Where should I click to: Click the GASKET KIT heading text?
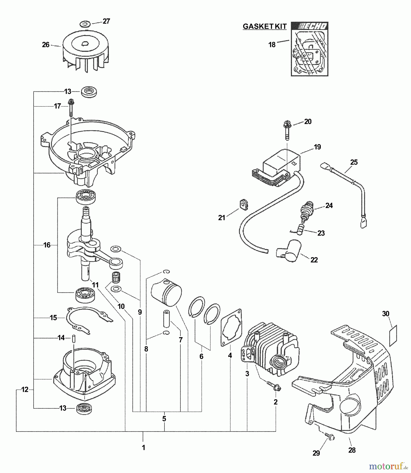pyautogui.click(x=264, y=26)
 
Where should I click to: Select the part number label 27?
pyautogui.click(x=106, y=21)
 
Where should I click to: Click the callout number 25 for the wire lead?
pyautogui.click(x=354, y=162)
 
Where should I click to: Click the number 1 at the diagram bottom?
pyautogui.click(x=143, y=448)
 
